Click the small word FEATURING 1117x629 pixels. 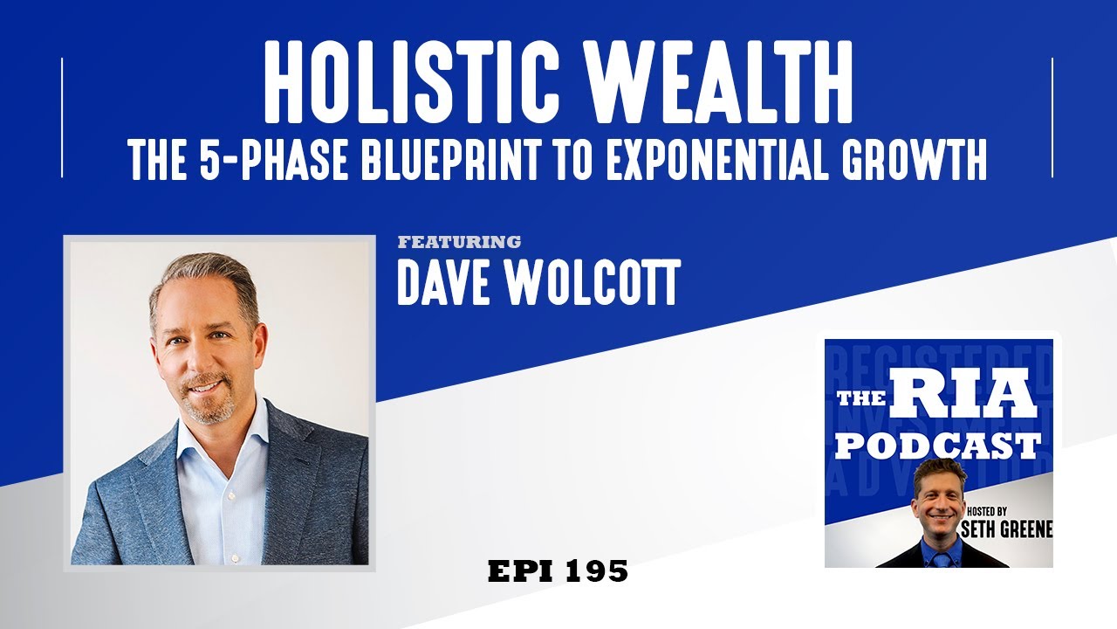(459, 242)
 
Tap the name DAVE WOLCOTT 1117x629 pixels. (538, 281)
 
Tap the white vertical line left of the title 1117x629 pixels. (62, 118)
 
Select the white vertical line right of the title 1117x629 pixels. (1052, 118)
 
